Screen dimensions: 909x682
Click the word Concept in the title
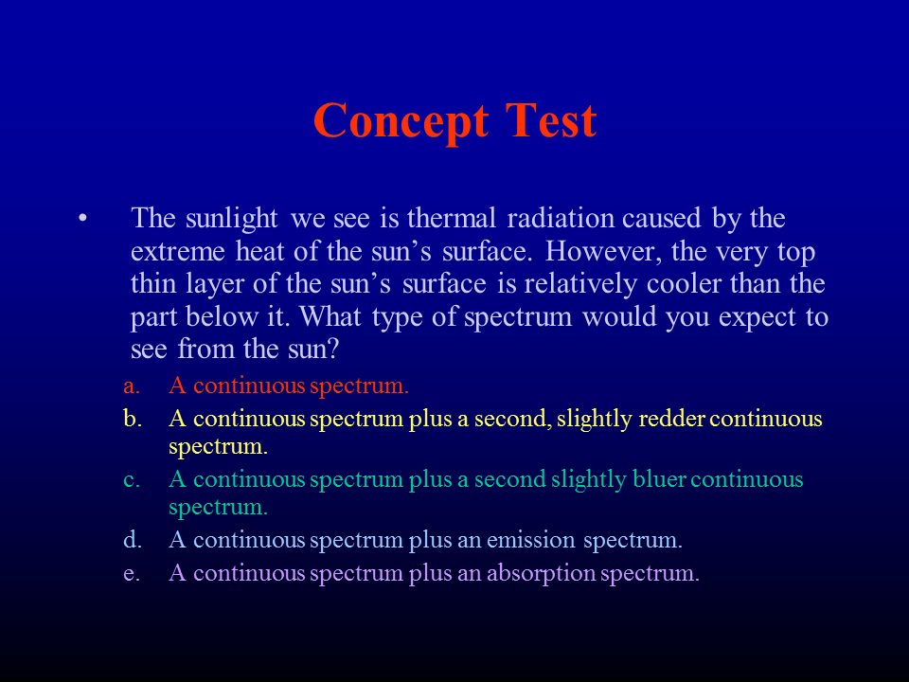(400, 122)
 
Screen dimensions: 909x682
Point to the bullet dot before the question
(83, 219)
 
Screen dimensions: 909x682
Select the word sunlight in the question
(232, 219)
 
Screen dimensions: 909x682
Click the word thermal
(452, 219)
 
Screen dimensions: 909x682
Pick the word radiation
(561, 219)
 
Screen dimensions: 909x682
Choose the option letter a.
(132, 386)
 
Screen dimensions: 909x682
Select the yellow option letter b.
(133, 418)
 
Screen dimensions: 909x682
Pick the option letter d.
(133, 539)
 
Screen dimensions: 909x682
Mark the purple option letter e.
(131, 574)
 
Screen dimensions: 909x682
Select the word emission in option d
(530, 541)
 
